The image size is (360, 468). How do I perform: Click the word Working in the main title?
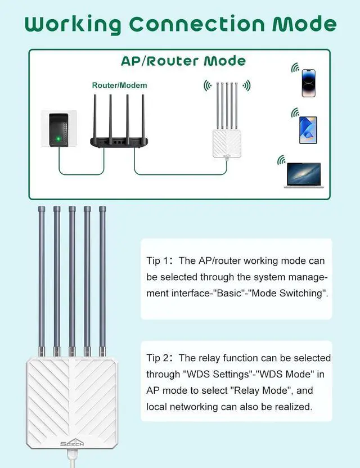[73, 25]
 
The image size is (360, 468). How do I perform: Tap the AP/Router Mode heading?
[183, 61]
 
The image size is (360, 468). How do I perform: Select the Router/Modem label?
[119, 85]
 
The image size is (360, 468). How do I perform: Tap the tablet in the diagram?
[308, 130]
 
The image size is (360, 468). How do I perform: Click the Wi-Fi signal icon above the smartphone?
[295, 68]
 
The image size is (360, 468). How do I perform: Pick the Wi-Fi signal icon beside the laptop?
[281, 161]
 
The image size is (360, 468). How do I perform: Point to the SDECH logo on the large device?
[72, 444]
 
